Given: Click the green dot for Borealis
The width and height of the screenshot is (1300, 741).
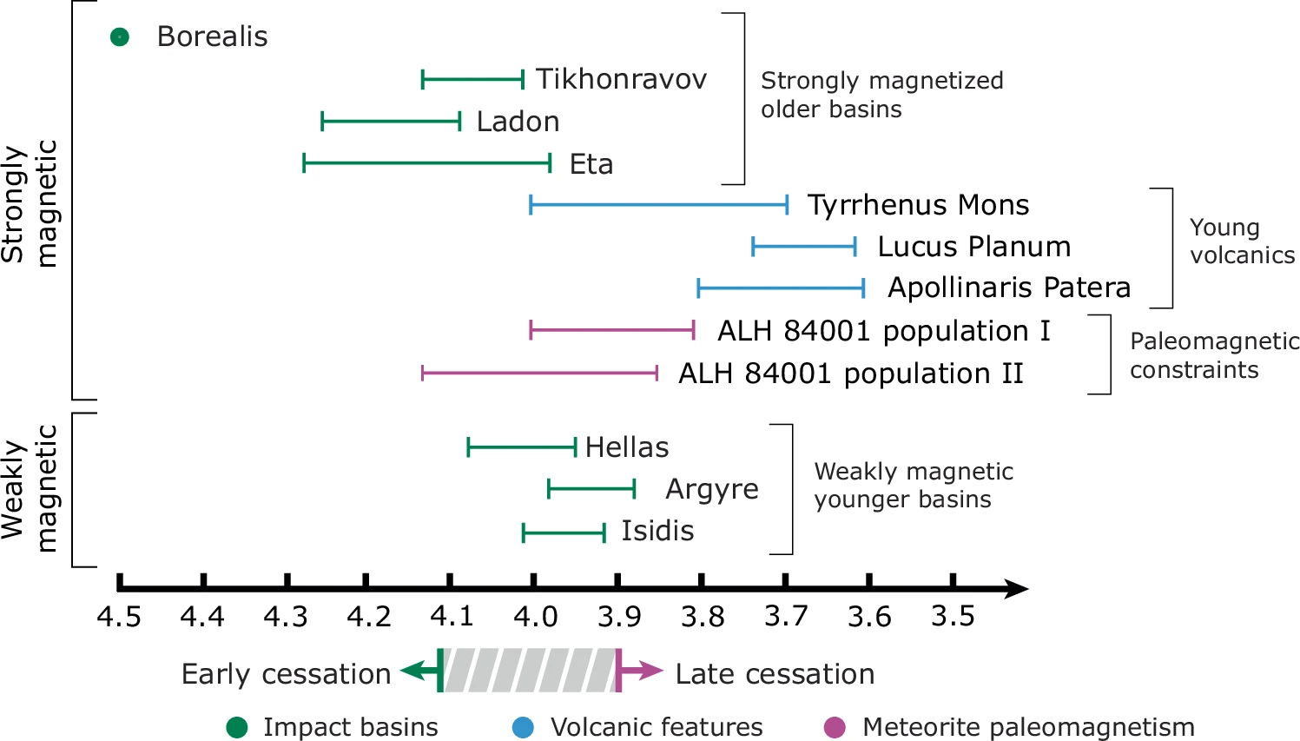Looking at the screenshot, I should tap(120, 37).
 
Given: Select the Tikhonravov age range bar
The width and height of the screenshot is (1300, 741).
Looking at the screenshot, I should tap(472, 80).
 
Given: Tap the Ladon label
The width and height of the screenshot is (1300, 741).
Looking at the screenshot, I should tap(518, 122).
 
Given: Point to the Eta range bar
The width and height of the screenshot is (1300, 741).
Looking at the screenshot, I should tap(426, 162).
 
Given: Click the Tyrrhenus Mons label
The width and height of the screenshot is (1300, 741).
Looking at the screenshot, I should tap(918, 205).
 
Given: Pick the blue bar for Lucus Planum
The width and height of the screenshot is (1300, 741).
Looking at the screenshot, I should tap(804, 247).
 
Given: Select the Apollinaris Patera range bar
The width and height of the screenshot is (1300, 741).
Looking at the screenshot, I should tap(781, 288).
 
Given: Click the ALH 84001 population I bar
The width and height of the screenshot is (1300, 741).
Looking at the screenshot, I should tap(612, 330).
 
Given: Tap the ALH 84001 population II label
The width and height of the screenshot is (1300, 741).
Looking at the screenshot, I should tap(850, 374).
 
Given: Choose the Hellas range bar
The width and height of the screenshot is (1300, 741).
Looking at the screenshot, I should tap(521, 448).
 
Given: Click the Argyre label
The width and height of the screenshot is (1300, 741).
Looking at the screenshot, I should tap(712, 489).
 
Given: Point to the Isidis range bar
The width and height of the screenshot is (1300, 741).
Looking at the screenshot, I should tap(564, 533).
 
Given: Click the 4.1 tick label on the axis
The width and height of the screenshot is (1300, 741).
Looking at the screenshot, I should tap(452, 616).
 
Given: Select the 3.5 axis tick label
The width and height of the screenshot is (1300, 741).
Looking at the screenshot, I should tap(953, 616).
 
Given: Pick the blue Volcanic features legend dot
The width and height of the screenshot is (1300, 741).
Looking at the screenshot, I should tap(523, 727).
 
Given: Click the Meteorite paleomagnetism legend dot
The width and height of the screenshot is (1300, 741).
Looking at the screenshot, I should tap(835, 727).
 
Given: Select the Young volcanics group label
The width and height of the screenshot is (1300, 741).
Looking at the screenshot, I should tap(1242, 241).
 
